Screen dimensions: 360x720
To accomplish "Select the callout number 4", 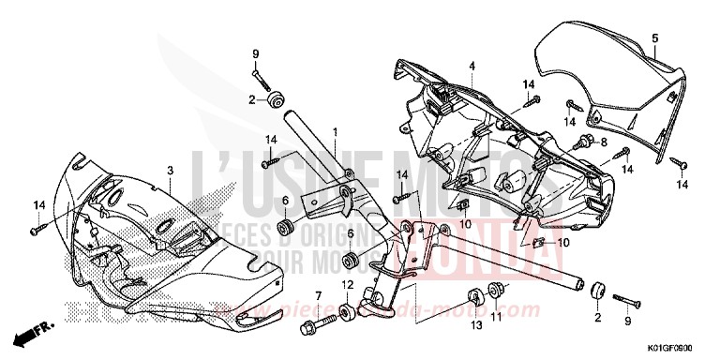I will [472, 66].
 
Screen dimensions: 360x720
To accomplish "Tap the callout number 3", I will [170, 170].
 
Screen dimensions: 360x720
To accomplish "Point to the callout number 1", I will [335, 132].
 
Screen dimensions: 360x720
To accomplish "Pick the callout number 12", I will [345, 285].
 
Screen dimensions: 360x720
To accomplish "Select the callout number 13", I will [474, 324].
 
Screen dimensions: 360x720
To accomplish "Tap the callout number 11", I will [498, 317].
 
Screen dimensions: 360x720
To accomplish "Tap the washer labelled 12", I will [345, 311].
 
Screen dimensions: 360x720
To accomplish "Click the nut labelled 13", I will [474, 297].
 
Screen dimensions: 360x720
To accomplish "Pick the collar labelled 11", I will [498, 291].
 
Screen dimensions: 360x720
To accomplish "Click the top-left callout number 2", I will [251, 98].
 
